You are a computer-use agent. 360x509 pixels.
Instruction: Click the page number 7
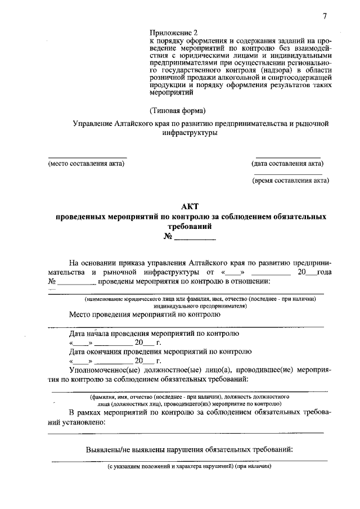click(x=325, y=16)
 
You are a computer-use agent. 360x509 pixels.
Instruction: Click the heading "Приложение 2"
click(x=174, y=33)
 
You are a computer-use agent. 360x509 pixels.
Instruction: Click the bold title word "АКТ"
click(x=190, y=206)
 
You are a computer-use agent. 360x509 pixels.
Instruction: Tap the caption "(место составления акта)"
click(x=86, y=164)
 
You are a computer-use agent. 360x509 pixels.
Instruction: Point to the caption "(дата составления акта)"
click(x=287, y=164)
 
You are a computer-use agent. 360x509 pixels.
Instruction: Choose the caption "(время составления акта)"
click(x=290, y=181)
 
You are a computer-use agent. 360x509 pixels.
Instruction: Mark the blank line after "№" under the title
click(x=195, y=240)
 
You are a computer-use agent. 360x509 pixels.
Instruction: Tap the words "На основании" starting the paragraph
click(x=92, y=262)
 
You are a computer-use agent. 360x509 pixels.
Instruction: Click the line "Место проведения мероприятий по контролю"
click(x=145, y=315)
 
